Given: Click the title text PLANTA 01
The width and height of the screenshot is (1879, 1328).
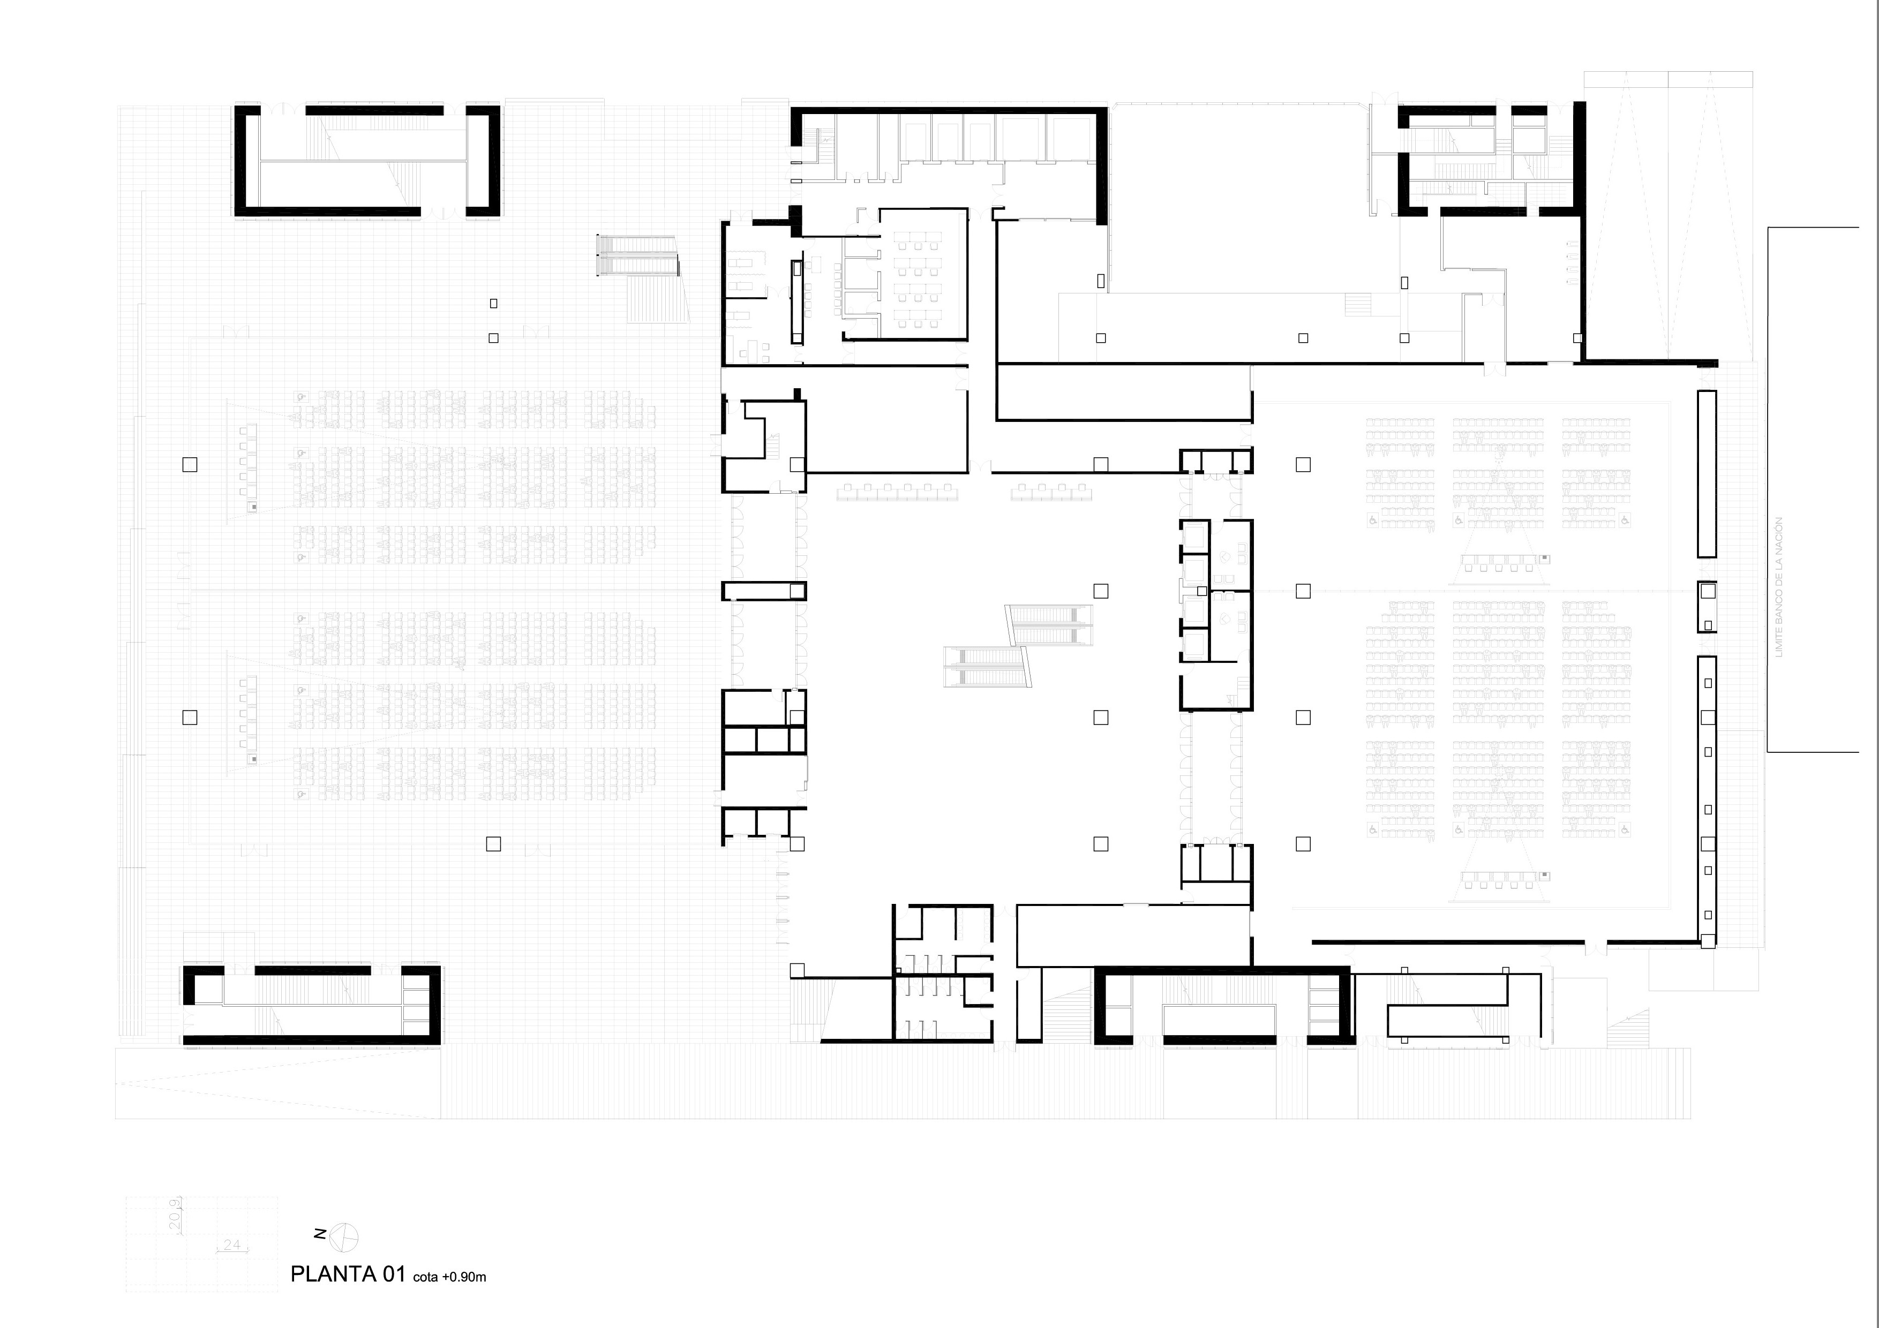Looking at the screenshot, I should click(348, 1274).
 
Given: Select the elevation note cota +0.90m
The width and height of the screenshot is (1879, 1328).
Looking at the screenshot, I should click(449, 1277).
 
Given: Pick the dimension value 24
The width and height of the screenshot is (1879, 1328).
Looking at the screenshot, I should click(231, 1244).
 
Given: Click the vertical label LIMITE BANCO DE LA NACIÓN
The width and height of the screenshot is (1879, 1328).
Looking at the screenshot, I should click(1778, 587).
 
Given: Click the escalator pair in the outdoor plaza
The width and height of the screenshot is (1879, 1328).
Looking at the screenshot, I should click(637, 256).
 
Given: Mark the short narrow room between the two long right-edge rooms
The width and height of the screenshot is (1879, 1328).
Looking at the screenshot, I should click(1707, 606).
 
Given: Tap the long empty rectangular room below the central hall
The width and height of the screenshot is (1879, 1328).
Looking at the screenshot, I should click(1133, 935).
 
